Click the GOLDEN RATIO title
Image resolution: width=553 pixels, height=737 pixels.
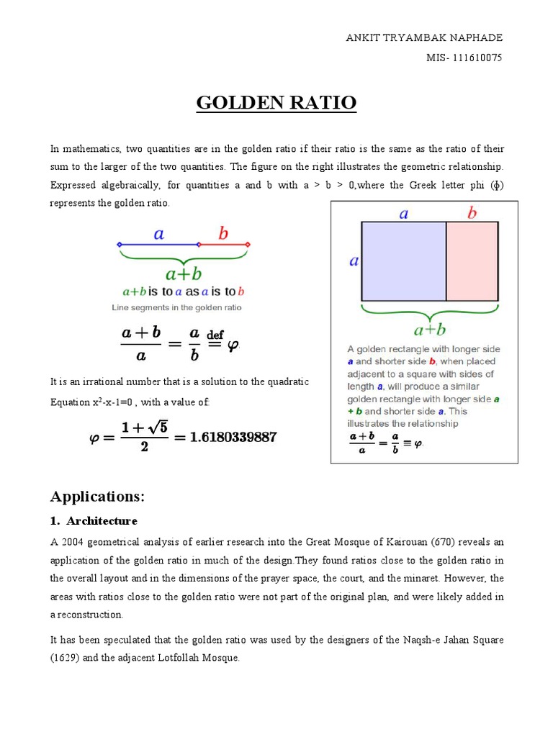[276, 103]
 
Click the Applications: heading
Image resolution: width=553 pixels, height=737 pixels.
[97, 497]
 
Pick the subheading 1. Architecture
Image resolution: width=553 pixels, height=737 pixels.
[94, 520]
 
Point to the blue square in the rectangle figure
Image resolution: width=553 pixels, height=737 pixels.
[403, 261]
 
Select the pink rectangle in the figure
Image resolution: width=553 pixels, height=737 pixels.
[472, 261]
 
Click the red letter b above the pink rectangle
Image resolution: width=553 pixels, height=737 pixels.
[472, 213]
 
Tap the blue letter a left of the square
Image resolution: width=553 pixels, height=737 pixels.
[354, 261]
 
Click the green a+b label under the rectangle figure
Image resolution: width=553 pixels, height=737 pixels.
[429, 330]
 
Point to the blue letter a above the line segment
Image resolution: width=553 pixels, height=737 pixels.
[158, 233]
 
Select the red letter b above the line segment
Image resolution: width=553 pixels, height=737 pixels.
[223, 233]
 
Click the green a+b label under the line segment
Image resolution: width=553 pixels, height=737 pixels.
[184, 274]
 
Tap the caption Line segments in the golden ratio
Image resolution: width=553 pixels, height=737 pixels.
[176, 307]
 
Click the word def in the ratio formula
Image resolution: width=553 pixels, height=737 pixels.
[215, 335]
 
